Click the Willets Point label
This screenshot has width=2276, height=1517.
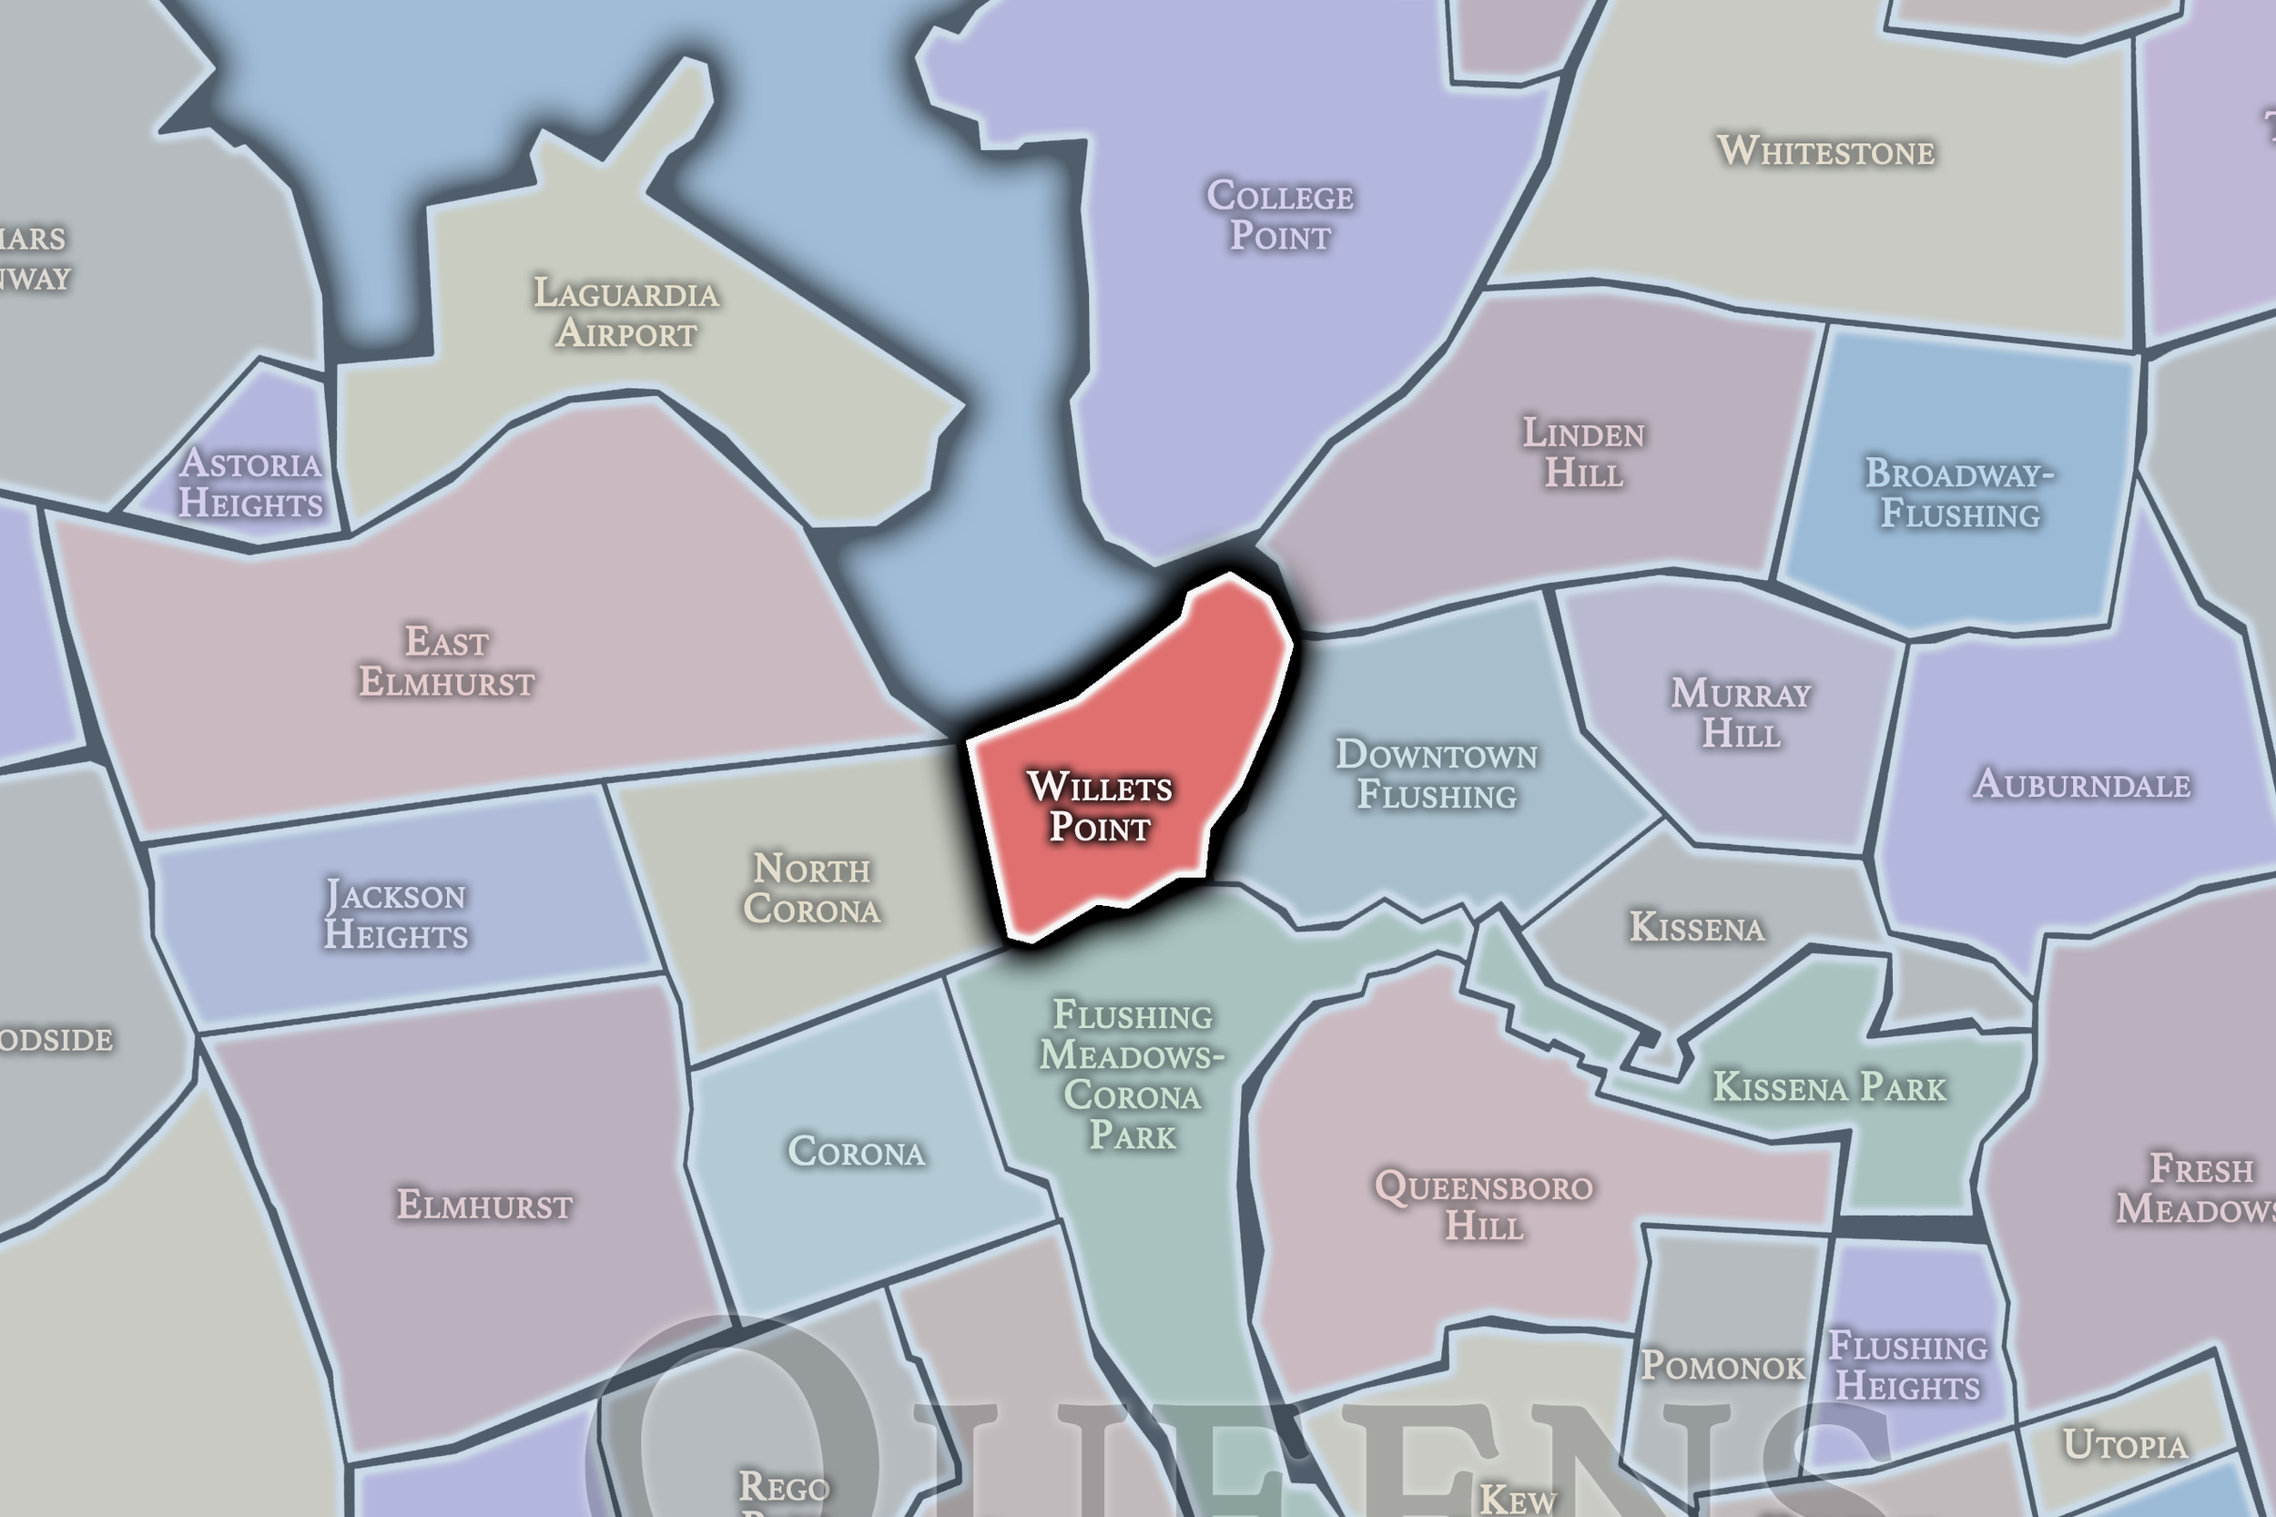[x=1100, y=807]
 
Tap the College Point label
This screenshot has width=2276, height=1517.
[x=1280, y=216]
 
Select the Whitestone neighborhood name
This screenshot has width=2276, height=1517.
[x=1825, y=151]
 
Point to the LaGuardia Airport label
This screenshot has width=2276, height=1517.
[x=626, y=312]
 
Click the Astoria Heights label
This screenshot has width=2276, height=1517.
[x=250, y=484]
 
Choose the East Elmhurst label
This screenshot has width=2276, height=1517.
[x=447, y=662]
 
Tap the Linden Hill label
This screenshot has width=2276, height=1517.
[x=1583, y=453]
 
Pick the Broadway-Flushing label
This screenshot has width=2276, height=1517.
[x=1960, y=494]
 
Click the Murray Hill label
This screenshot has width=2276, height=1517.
[x=1741, y=713]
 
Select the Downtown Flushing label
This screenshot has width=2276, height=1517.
[x=1437, y=774]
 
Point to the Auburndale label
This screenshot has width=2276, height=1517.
[x=2081, y=784]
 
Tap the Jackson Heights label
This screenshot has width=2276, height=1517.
[x=396, y=915]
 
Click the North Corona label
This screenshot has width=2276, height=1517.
[x=811, y=889]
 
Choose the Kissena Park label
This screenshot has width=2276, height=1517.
[x=1829, y=1087]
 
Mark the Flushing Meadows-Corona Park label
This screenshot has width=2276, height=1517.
[x=1132, y=1074]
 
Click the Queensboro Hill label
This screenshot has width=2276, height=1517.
[x=1484, y=1206]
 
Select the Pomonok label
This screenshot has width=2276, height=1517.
[x=1722, y=1366]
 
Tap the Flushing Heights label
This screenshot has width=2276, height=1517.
[x=1907, y=1366]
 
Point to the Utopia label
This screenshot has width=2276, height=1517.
[x=2125, y=1445]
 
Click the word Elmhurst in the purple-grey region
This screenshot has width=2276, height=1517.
[x=484, y=1206]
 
